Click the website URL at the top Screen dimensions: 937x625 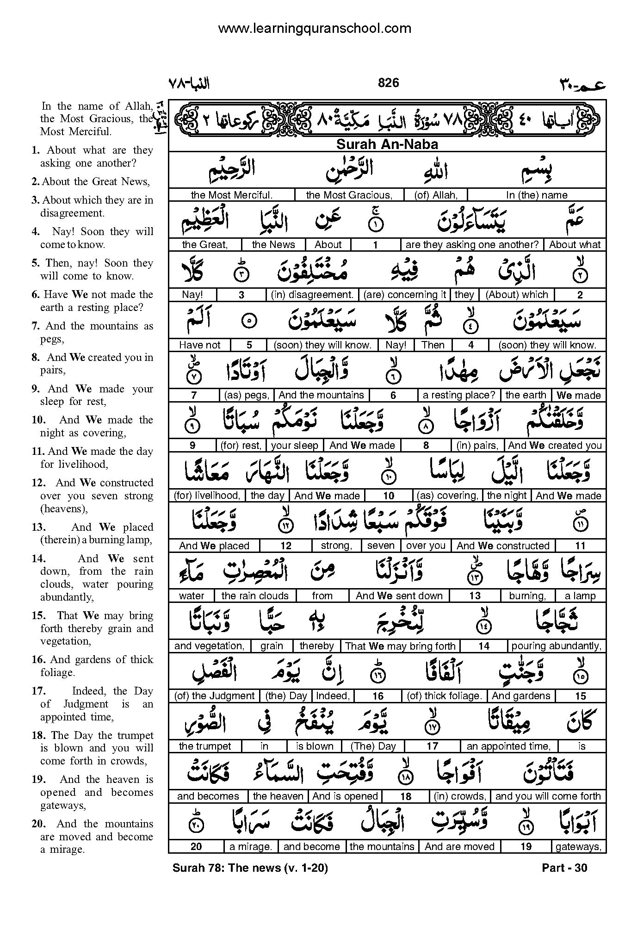coord(314,29)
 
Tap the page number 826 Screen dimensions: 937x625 coord(388,83)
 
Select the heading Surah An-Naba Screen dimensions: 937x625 coord(387,144)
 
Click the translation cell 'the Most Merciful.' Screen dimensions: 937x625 coord(231,195)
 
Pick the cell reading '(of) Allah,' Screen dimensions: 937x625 coord(436,195)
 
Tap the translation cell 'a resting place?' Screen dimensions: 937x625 coord(458,395)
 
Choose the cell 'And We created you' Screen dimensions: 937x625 coord(555,446)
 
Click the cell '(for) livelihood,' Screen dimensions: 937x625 coord(207,496)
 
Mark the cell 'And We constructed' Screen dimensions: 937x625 coord(503,546)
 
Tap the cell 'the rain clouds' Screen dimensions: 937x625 coord(255,596)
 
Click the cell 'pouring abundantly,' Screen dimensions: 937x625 coord(556,646)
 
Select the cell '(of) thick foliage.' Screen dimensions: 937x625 coord(444,696)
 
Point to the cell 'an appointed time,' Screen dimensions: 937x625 coord(508,746)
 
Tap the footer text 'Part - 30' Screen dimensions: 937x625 coord(564,868)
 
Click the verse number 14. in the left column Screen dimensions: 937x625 coord(38,558)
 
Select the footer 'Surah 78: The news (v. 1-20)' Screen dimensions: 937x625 coord(250,868)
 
